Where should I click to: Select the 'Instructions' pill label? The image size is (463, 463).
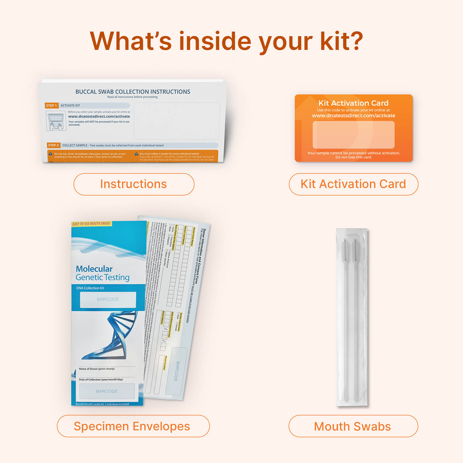[x=134, y=184]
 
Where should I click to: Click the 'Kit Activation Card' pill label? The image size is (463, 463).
[x=353, y=184]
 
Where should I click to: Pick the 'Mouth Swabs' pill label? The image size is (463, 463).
[x=353, y=426]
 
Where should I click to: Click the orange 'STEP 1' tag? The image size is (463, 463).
[x=52, y=106]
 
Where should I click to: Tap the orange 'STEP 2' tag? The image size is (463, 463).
[x=53, y=145]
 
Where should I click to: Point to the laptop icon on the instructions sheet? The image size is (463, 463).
[x=56, y=121]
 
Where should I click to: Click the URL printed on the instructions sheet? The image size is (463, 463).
[x=99, y=117]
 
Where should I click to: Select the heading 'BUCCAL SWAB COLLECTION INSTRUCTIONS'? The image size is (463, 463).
[x=133, y=92]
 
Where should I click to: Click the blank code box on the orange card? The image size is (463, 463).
[x=353, y=135]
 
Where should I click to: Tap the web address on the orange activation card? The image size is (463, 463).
[x=353, y=116]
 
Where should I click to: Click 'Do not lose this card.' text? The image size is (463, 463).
[x=353, y=157]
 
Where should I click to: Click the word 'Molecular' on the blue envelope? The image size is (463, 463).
[x=94, y=269]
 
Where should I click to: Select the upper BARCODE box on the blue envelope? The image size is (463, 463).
[x=108, y=299]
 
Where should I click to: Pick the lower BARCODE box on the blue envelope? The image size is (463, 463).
[x=107, y=391]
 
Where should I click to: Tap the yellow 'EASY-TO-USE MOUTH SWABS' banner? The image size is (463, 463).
[x=91, y=224]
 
